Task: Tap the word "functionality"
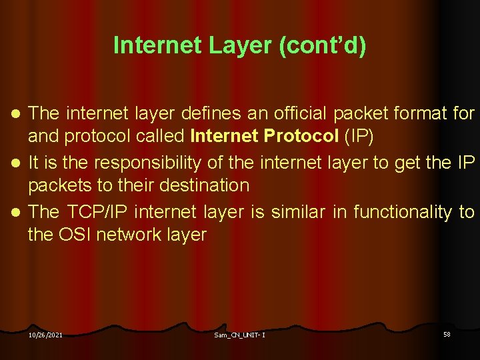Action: coord(403,212)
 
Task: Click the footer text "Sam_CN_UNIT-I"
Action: coord(239,335)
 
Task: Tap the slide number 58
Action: coord(447,334)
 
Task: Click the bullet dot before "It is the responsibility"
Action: coord(17,163)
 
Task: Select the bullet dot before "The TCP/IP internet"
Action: coord(17,212)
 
